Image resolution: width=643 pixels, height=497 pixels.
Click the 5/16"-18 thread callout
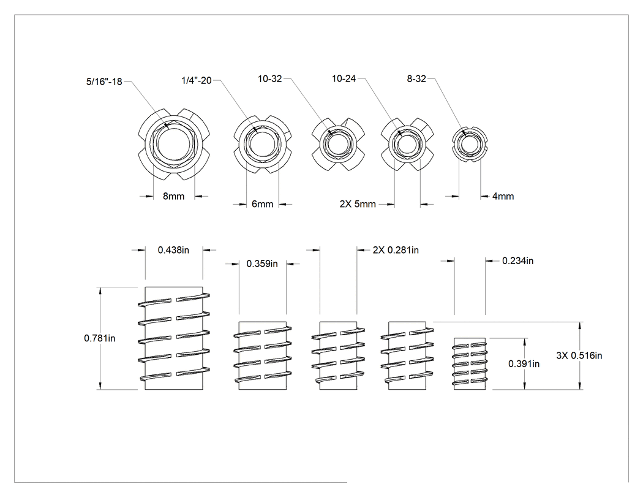104,82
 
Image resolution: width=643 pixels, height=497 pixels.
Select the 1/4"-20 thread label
197,80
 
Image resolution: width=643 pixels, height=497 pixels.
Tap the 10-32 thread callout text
270,79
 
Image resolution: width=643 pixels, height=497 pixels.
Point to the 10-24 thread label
344,78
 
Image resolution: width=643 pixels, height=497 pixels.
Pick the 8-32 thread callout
416,79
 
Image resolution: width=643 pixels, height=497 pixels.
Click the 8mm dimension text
173,196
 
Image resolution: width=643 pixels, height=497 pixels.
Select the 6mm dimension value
263,204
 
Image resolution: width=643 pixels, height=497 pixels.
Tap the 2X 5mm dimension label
358,204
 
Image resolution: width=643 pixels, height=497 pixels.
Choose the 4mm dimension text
503,196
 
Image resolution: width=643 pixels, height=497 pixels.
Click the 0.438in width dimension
173,250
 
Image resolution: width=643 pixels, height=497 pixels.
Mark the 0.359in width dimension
262,264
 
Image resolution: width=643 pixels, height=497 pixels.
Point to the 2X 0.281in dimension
396,250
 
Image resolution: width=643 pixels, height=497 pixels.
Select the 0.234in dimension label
517,260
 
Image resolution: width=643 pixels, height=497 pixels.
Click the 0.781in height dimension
100,338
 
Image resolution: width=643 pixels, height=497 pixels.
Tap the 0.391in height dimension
524,363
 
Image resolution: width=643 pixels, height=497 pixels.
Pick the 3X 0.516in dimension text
579,355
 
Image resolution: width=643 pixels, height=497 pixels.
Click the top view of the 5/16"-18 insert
174,144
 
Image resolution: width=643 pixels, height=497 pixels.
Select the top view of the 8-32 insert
470,144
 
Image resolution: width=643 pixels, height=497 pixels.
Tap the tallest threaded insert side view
174,338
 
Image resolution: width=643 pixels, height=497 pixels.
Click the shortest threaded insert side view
470,363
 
